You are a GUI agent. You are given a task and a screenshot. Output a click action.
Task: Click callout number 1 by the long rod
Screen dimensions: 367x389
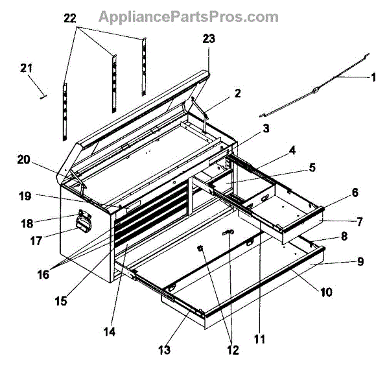[373, 77]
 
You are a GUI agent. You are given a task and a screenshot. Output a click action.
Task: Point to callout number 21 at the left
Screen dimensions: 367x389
[26, 68]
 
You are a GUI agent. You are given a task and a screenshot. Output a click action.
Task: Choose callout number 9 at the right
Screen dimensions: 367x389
[360, 262]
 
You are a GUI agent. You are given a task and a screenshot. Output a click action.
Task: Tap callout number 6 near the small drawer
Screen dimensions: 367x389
[355, 193]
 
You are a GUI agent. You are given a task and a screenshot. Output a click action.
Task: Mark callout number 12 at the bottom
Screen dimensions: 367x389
[231, 351]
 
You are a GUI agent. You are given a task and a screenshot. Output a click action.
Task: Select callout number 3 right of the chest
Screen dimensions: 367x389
[266, 129]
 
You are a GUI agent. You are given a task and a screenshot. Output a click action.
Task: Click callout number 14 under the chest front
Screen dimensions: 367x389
[109, 333]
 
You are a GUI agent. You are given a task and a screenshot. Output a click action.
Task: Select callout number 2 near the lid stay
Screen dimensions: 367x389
[237, 93]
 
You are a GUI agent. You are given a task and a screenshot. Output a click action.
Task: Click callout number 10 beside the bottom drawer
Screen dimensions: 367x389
[325, 292]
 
